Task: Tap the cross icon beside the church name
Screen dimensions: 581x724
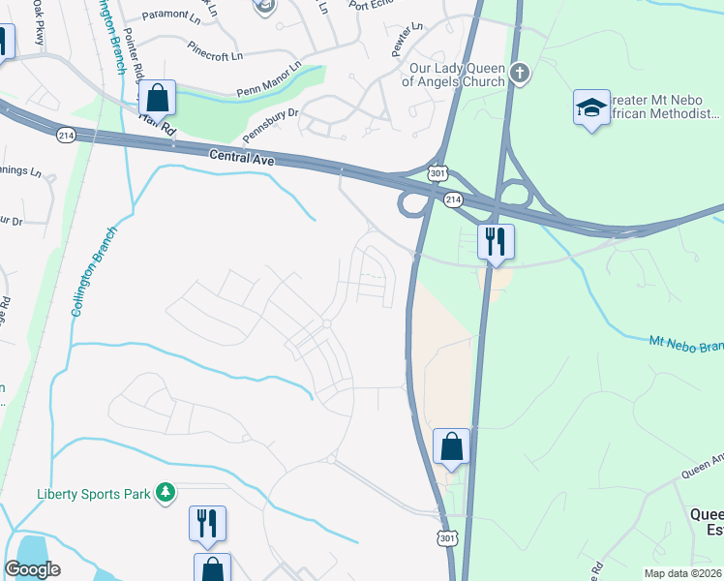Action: [x=521, y=73]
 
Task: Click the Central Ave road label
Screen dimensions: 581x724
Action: [x=243, y=157]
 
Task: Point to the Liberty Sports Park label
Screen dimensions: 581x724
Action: [x=93, y=494]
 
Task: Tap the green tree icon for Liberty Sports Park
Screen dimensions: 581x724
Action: [x=166, y=494]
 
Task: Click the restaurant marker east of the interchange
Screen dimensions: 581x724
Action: [x=497, y=242]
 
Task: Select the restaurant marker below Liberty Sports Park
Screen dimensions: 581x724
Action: [x=207, y=523]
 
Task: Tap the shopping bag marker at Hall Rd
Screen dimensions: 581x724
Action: [x=157, y=98]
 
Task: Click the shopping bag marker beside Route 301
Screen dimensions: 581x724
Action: [x=451, y=446]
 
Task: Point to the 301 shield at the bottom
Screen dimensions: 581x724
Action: [x=446, y=538]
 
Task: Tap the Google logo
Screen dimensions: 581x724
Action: [x=33, y=569]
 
